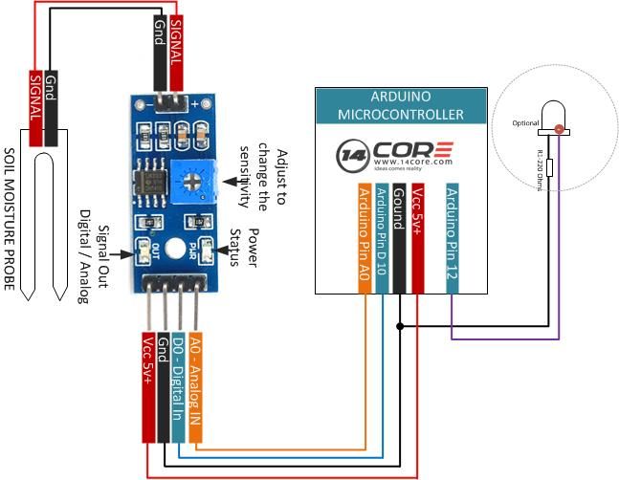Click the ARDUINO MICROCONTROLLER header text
401,105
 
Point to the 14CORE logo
395,155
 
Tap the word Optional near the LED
526,123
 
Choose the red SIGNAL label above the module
178,42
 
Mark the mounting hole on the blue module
173,249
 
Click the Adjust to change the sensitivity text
271,181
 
